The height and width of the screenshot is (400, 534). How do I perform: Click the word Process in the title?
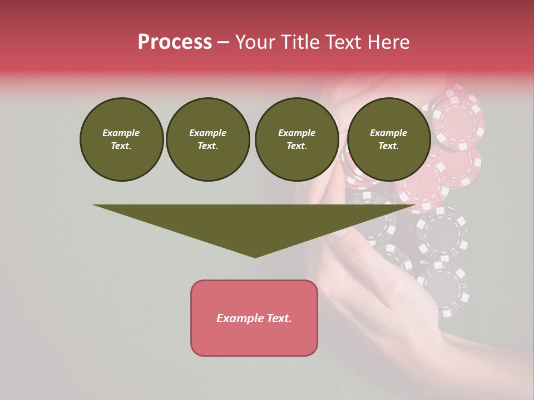tap(175, 42)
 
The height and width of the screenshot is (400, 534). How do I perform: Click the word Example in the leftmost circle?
tap(121, 133)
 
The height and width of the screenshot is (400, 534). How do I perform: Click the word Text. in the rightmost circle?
tap(388, 146)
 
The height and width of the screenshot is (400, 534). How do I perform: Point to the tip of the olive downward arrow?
tap(255, 257)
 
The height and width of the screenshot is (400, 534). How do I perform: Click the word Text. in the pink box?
tap(279, 318)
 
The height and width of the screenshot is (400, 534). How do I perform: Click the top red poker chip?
tap(458, 117)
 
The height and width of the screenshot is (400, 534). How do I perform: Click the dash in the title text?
tap(224, 42)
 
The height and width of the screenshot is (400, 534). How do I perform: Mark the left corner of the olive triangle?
tap(93, 205)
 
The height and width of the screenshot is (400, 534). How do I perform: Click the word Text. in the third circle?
tap(296, 146)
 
